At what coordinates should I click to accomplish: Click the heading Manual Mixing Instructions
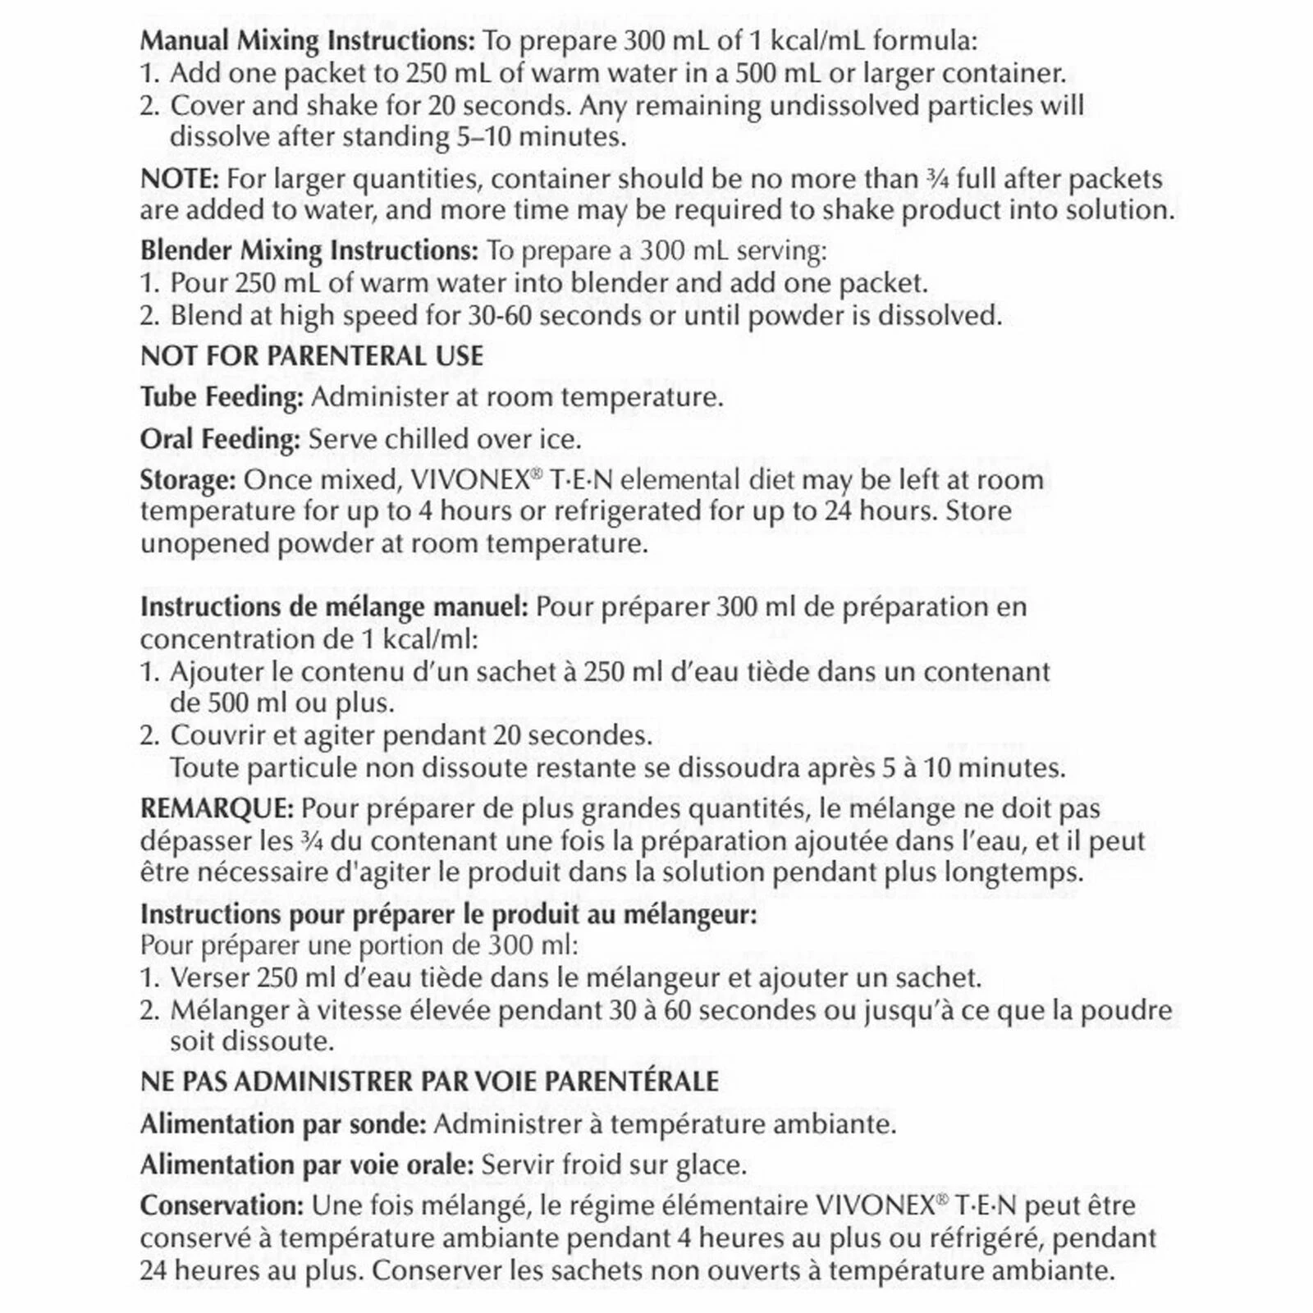click(307, 40)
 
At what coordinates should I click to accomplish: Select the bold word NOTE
click(180, 178)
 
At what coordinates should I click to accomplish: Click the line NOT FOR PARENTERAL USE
click(312, 356)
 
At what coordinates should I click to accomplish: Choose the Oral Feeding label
click(220, 439)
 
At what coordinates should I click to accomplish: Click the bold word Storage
click(188, 479)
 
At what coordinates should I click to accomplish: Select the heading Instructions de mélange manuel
click(336, 607)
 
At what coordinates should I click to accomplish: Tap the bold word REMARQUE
click(217, 808)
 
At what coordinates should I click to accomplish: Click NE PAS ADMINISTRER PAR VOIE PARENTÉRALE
click(429, 1082)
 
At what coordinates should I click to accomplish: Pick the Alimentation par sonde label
click(283, 1123)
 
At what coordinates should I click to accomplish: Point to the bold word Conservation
click(222, 1205)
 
